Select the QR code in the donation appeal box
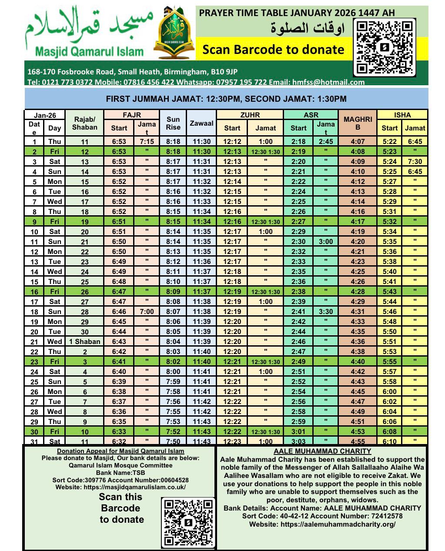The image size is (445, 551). click(188, 522)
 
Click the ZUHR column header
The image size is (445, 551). click(250, 115)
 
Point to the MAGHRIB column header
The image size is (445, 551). click(358, 123)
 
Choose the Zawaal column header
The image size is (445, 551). click(201, 124)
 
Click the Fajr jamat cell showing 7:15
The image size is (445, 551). click(147, 141)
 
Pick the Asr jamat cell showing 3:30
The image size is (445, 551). click(326, 311)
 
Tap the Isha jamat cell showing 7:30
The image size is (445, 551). click(415, 161)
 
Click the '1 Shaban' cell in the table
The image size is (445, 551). click(85, 341)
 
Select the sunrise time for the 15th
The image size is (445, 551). click(173, 281)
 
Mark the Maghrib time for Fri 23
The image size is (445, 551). click(358, 361)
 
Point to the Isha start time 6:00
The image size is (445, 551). click(389, 391)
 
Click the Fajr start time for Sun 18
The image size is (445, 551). click(119, 311)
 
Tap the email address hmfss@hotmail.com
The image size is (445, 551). click(334, 82)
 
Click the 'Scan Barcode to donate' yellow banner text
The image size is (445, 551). click(273, 50)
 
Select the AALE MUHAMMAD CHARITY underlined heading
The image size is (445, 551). click(322, 451)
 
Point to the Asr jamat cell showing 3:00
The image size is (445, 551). click(326, 241)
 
